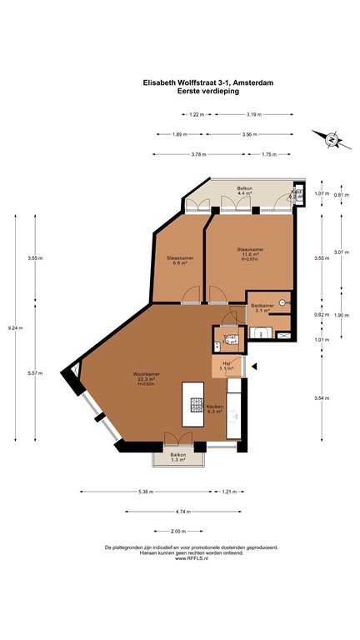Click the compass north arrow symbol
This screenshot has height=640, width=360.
tap(331, 139)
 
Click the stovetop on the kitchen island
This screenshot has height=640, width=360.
tap(197, 406)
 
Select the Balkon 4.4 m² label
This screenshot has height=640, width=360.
tap(245, 192)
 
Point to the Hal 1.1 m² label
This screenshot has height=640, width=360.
tap(225, 367)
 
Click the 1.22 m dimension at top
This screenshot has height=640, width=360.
tap(197, 114)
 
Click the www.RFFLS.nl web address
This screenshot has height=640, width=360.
tap(191, 558)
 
